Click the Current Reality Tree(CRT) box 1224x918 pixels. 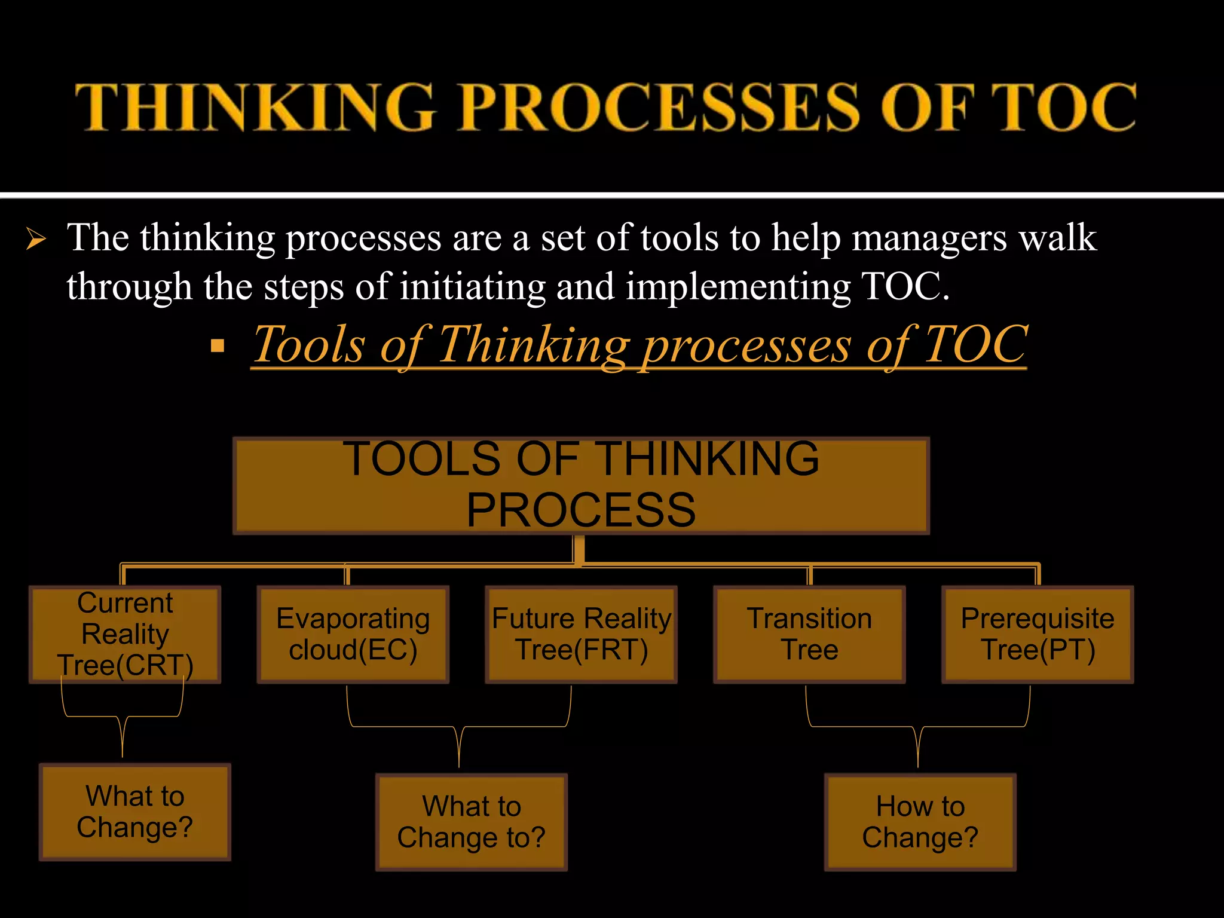coord(125,634)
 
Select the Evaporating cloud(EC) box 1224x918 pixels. coord(353,634)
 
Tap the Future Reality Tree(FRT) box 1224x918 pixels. coord(581,634)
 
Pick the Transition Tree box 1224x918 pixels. coord(809,634)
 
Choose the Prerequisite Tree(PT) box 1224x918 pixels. coord(1038,634)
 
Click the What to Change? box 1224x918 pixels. coord(135,812)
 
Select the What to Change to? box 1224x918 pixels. coord(471,822)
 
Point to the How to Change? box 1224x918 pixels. coord(920,822)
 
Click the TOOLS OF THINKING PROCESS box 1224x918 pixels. coord(581,485)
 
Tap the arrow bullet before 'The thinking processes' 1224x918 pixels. coord(36,240)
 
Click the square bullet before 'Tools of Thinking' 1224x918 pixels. coord(218,345)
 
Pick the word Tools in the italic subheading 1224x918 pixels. coord(309,345)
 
